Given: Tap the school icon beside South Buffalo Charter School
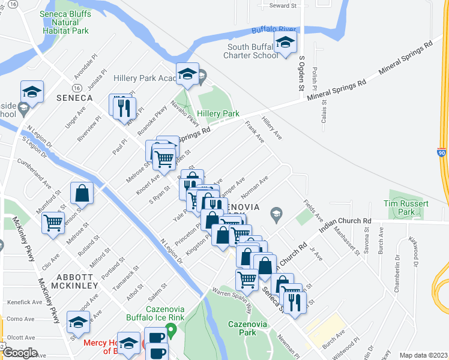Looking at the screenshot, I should (x=286, y=41).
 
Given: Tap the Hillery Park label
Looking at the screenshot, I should (x=219, y=113).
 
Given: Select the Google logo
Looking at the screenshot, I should (x=20, y=353).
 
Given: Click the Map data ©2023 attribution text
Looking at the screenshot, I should (x=423, y=355).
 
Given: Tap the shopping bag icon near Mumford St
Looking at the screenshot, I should (x=82, y=193).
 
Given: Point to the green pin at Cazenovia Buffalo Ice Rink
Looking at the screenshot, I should (x=170, y=329).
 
